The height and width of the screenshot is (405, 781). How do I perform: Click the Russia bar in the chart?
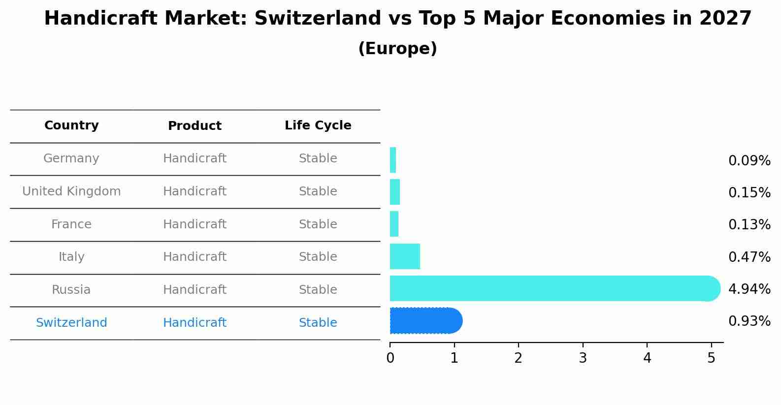552,288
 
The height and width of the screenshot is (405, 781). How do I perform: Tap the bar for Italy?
405,256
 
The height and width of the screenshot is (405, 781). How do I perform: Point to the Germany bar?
393,160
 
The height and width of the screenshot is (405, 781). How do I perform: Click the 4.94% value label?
749,289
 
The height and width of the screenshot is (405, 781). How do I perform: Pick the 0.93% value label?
749,321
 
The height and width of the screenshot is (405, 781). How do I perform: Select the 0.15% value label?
749,192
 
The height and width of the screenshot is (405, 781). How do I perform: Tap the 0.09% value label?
749,160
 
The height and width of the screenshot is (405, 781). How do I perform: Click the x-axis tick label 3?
583,358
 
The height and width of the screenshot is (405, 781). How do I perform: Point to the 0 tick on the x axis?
390,358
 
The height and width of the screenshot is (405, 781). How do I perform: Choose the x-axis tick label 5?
711,358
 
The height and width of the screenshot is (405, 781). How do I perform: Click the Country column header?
71,125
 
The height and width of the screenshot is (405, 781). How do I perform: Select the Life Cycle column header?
318,125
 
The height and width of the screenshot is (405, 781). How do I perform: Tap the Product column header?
195,126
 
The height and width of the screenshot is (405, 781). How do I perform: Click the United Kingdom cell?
71,191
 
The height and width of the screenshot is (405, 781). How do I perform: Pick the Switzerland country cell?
71,323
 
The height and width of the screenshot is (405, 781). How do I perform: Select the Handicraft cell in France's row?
195,224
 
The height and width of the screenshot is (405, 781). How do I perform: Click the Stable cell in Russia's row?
318,290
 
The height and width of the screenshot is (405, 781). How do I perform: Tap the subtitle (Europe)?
397,49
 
